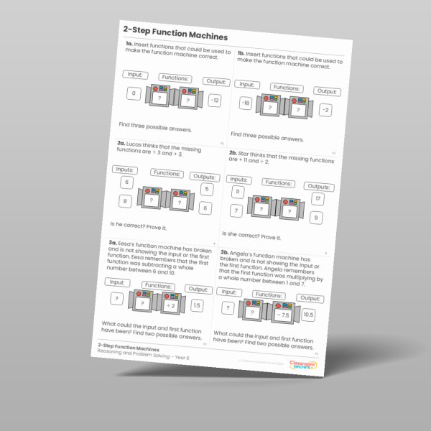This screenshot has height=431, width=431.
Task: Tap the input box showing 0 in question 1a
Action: (x=134, y=93)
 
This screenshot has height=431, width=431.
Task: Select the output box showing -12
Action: (x=214, y=101)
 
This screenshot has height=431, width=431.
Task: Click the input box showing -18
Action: (x=246, y=103)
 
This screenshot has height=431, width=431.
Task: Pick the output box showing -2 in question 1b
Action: (x=325, y=110)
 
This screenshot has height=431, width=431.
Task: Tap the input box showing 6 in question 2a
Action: (x=126, y=183)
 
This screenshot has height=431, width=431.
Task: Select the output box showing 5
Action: (x=206, y=190)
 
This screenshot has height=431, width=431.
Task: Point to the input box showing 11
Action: (x=238, y=192)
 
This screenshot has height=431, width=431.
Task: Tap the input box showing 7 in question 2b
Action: (x=236, y=210)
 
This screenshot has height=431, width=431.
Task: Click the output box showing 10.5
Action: (x=308, y=314)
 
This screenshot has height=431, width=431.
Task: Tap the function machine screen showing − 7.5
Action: (x=282, y=313)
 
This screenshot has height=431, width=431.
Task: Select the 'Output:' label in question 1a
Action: (x=215, y=81)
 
